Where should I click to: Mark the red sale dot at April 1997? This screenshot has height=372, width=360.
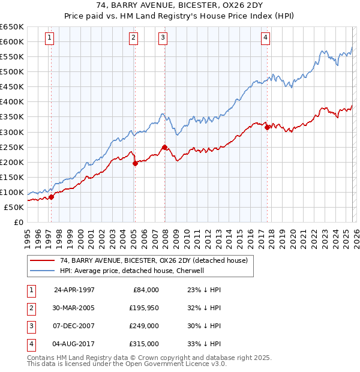(x=52, y=197)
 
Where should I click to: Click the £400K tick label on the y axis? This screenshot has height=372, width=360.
(x=12, y=102)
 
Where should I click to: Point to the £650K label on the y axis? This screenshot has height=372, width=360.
(x=12, y=27)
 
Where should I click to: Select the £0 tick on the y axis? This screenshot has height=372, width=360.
(x=17, y=223)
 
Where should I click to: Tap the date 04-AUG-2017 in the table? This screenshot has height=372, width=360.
(x=74, y=344)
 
